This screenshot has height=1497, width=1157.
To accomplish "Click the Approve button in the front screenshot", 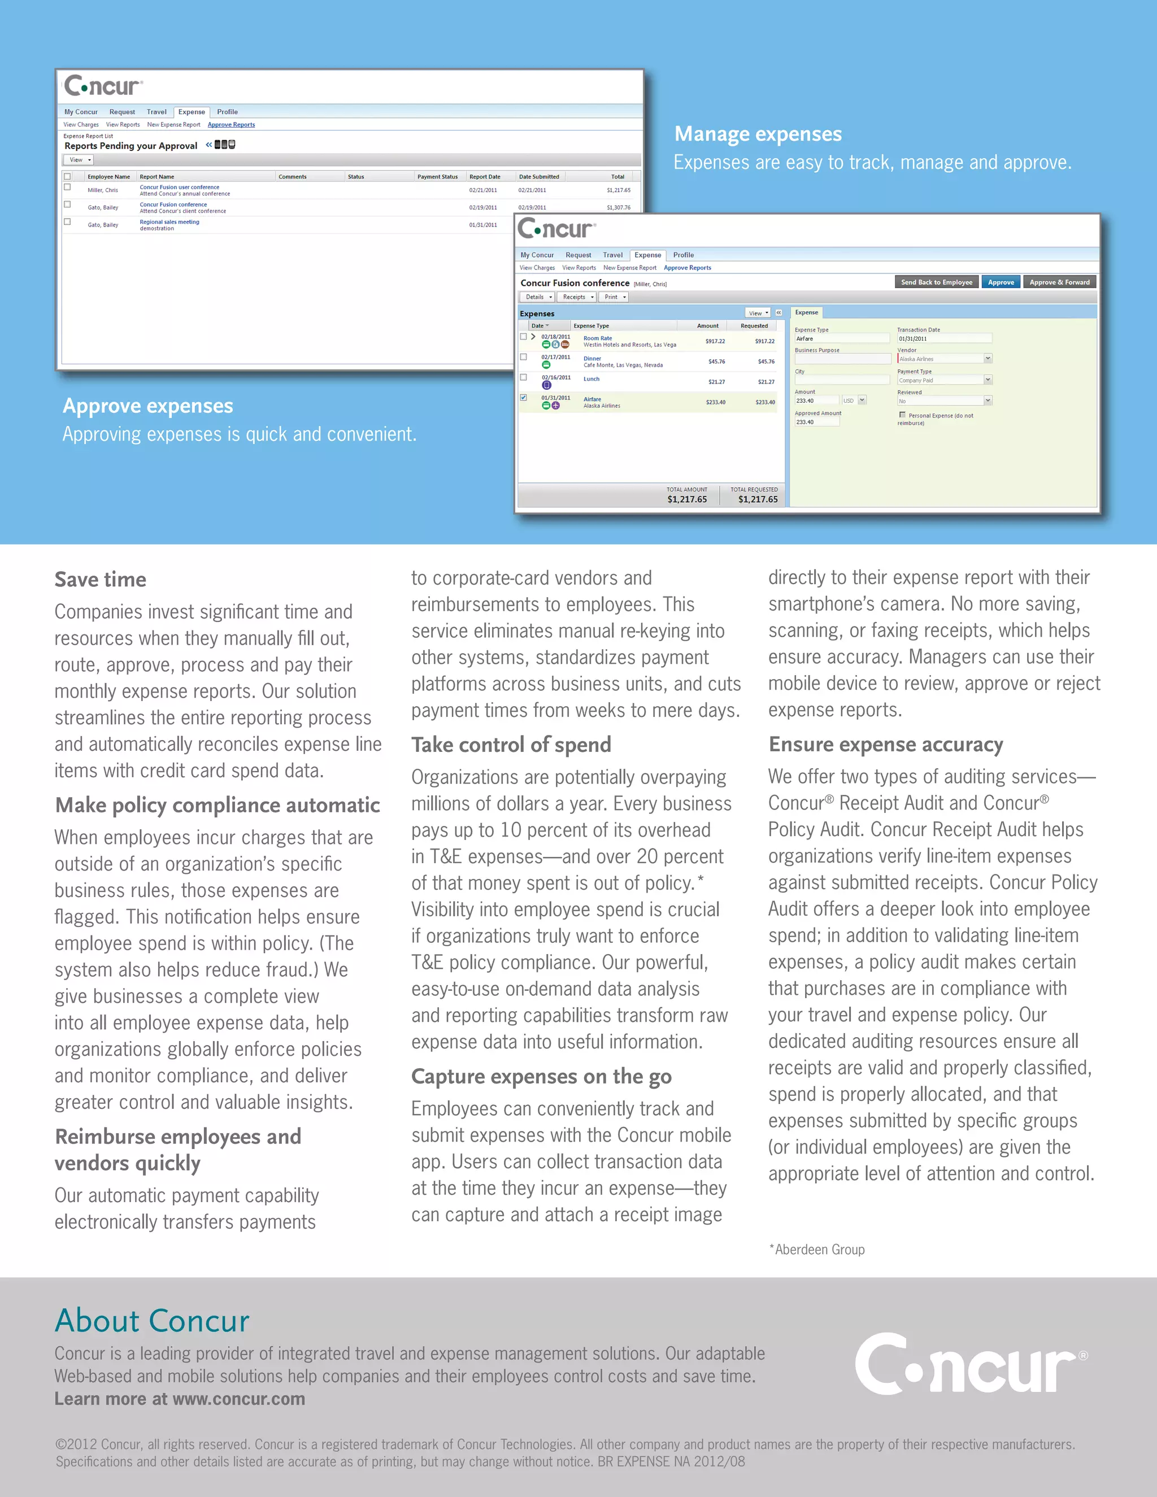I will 1001,282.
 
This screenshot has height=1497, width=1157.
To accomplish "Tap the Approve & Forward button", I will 1059,282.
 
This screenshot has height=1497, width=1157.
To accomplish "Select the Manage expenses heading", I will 758,134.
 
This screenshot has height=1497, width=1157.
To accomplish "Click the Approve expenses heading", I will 148,406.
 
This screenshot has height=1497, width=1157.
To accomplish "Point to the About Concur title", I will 152,1320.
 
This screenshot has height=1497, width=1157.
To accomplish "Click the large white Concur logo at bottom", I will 969,1365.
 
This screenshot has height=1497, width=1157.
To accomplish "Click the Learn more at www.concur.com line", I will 180,1399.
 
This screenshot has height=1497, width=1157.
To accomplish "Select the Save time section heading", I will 100,579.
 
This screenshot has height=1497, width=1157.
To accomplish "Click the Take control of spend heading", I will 511,745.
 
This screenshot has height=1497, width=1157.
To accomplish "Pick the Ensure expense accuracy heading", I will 886,744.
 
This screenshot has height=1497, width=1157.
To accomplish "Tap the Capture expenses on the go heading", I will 541,1076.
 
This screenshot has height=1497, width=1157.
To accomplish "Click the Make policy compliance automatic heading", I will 218,804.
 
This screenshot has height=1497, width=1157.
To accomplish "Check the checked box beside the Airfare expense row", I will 524,398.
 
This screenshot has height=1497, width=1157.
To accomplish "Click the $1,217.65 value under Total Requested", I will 758,499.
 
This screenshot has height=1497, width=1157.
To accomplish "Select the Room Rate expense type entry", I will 597,338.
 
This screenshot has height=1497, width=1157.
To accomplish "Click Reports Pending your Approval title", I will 131,146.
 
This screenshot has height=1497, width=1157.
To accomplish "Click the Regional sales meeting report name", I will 169,221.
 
